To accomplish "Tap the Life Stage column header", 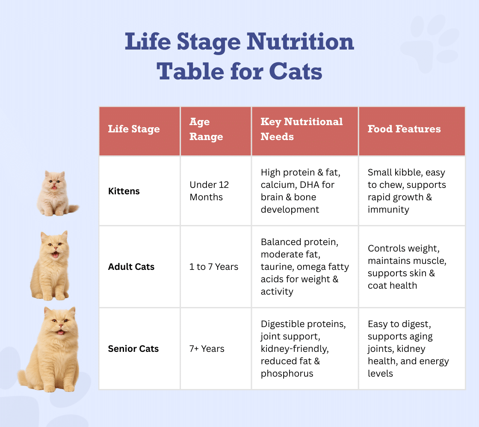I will click(134, 129).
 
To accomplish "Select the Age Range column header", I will click(206, 129).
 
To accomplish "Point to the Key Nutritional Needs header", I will click(302, 129).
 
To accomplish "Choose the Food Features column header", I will click(404, 129).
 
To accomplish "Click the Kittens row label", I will click(124, 191).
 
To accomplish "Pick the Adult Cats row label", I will click(131, 267).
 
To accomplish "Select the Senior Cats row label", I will click(133, 349).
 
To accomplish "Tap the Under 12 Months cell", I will click(209, 191).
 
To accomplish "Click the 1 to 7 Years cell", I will click(214, 267).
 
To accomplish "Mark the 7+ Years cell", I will click(207, 349).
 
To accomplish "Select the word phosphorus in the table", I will click(287, 374).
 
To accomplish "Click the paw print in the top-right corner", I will click(430, 43).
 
